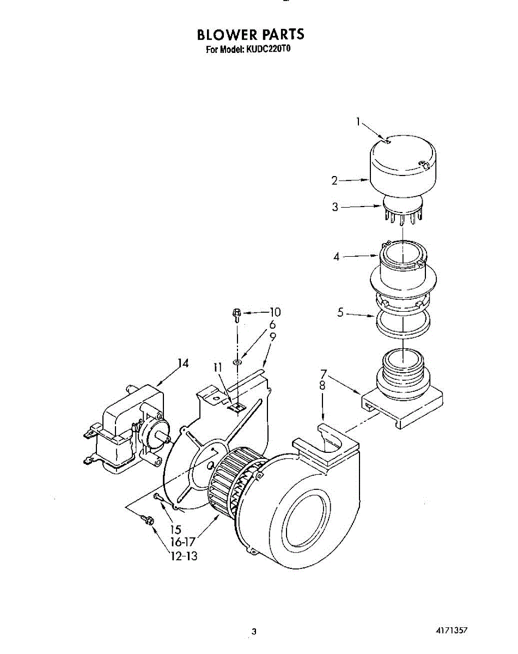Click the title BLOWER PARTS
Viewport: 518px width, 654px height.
pyautogui.click(x=251, y=34)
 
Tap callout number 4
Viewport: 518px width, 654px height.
pyautogui.click(x=337, y=256)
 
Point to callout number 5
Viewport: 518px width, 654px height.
pyautogui.click(x=340, y=313)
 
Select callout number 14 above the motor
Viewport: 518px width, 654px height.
pyautogui.click(x=183, y=364)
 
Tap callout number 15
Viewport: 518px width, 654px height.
pyautogui.click(x=175, y=529)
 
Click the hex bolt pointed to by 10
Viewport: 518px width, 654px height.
pyautogui.click(x=237, y=314)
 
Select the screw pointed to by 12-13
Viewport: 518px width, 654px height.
pyautogui.click(x=147, y=520)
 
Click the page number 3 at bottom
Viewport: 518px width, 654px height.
pyautogui.click(x=253, y=632)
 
